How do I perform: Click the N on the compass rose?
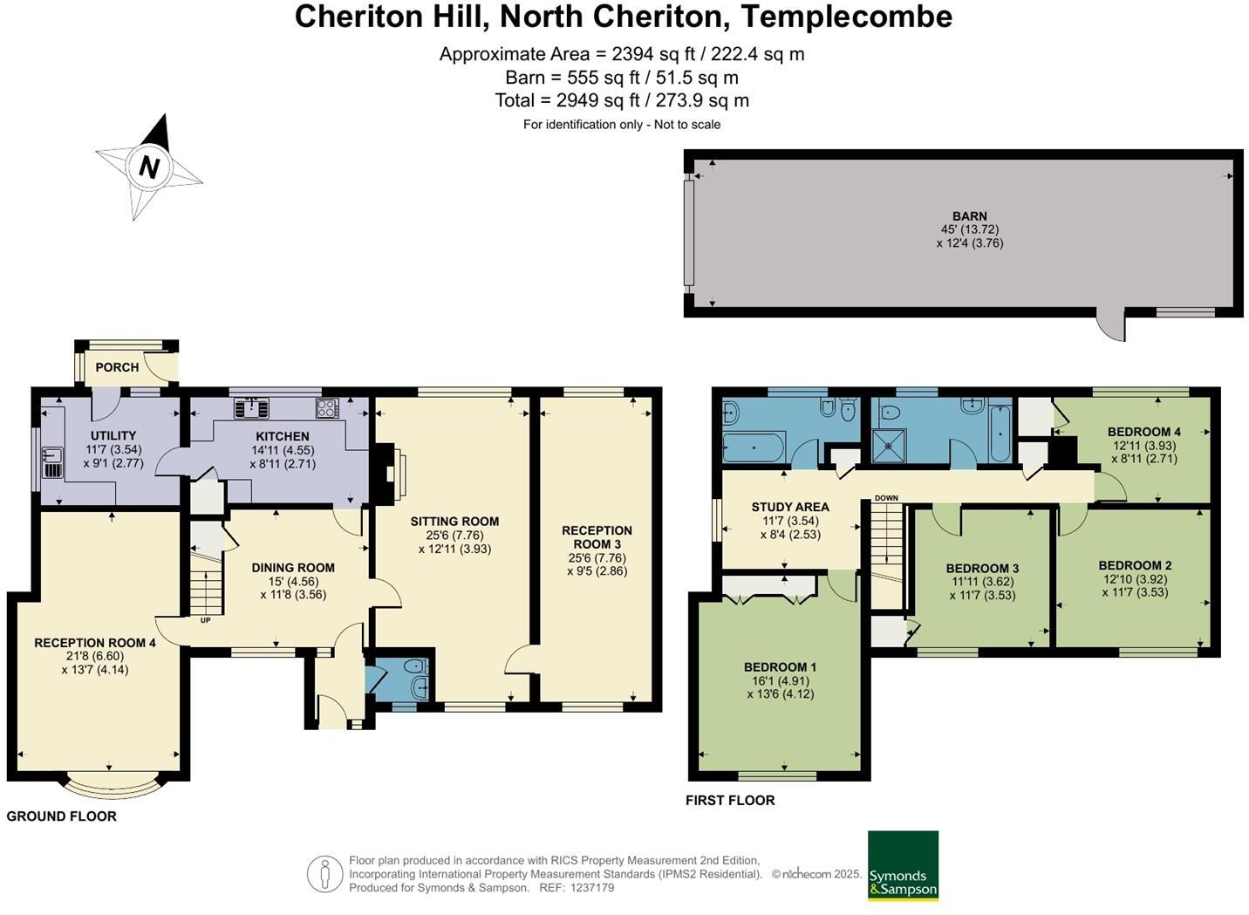[149, 167]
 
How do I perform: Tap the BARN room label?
[970, 215]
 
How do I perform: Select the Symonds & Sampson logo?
[903, 866]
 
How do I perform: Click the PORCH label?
[117, 367]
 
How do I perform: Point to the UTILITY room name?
[113, 435]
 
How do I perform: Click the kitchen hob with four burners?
[327, 408]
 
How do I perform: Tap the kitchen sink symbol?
[251, 407]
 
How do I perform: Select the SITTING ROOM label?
[454, 522]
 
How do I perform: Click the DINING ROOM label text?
[293, 568]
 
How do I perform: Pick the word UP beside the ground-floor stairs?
[205, 620]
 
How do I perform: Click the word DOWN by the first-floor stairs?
[886, 498]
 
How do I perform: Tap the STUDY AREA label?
[790, 507]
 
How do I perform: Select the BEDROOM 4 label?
[1144, 432]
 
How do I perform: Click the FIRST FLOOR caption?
[730, 801]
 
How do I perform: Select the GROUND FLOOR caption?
[61, 816]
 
